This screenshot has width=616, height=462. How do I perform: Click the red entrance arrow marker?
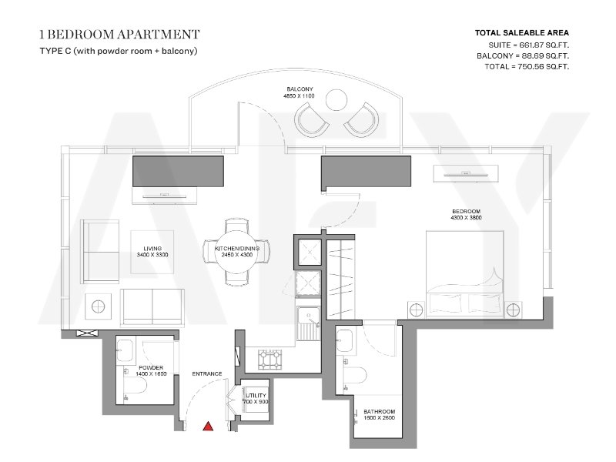pyautogui.click(x=208, y=426)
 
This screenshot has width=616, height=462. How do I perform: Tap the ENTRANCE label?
pyautogui.click(x=207, y=373)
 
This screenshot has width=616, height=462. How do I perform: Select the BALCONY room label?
pyautogui.click(x=300, y=89)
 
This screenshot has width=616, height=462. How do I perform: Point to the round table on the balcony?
pyautogui.click(x=336, y=100)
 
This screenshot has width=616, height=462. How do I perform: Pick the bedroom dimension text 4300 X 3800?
pyautogui.click(x=467, y=218)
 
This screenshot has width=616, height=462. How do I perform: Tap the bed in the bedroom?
pyautogui.click(x=465, y=274)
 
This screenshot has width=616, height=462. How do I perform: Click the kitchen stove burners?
pyautogui.click(x=270, y=360)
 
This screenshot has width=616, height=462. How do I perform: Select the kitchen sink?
pyautogui.click(x=309, y=323)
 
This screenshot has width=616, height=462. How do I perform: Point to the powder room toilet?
pyautogui.click(x=136, y=387)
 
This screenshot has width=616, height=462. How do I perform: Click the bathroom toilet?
pyautogui.click(x=355, y=376)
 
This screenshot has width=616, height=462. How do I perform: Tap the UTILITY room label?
pyautogui.click(x=256, y=395)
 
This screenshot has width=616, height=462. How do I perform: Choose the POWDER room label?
pyautogui.click(x=151, y=368)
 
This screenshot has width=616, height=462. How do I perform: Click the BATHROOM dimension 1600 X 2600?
pyautogui.click(x=379, y=418)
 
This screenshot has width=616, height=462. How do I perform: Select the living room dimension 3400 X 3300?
pyautogui.click(x=152, y=255)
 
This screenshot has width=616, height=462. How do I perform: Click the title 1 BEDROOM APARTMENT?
pyautogui.click(x=120, y=35)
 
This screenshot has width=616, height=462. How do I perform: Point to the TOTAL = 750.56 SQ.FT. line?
pyautogui.click(x=527, y=66)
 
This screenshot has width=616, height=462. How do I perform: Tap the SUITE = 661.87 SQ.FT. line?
pyautogui.click(x=529, y=45)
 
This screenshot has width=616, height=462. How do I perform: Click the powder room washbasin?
pyautogui.click(x=125, y=350)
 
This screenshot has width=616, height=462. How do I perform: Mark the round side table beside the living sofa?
pyautogui.click(x=98, y=306)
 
